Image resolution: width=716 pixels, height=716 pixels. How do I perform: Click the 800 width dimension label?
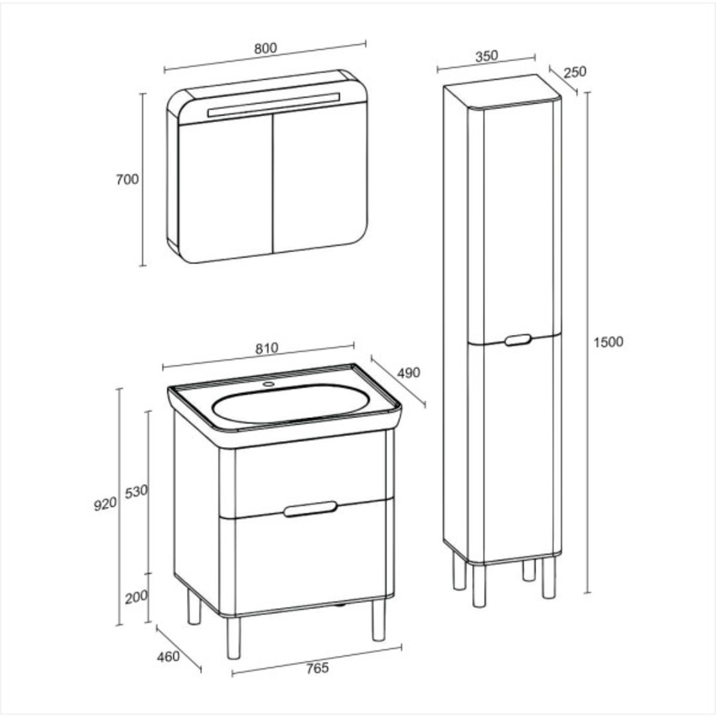(x=265, y=48)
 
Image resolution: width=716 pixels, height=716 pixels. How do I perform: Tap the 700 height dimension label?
(x=127, y=179)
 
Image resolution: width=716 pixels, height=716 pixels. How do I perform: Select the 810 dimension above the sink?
(x=266, y=348)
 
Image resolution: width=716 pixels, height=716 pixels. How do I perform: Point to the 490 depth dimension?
(x=408, y=373)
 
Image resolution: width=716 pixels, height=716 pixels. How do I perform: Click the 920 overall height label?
(x=106, y=504)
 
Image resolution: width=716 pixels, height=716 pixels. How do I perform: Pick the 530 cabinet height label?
(x=137, y=492)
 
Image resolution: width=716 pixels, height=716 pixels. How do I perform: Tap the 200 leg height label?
(x=137, y=597)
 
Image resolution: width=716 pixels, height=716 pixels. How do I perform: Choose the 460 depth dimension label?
(x=168, y=657)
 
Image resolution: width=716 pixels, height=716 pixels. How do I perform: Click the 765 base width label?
(x=317, y=668)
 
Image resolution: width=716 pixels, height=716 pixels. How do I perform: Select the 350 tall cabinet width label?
(x=486, y=56)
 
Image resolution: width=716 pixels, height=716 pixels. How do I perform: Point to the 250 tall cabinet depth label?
(x=575, y=72)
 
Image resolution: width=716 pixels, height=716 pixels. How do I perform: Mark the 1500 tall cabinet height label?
(x=608, y=342)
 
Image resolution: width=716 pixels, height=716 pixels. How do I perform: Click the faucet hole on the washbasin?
(x=268, y=384)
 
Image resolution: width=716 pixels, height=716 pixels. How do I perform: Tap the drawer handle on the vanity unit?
(x=310, y=509)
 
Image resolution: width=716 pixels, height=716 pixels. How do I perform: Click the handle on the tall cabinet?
(x=518, y=340)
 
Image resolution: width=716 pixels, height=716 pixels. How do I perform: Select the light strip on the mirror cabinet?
(x=274, y=105)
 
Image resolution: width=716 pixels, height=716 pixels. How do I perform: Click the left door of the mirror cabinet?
(x=226, y=187)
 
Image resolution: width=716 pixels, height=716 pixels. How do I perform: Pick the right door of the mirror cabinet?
(x=320, y=177)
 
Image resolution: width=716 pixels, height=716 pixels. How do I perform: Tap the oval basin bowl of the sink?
(x=291, y=403)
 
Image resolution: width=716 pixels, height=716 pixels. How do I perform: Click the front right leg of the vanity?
(x=378, y=620)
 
